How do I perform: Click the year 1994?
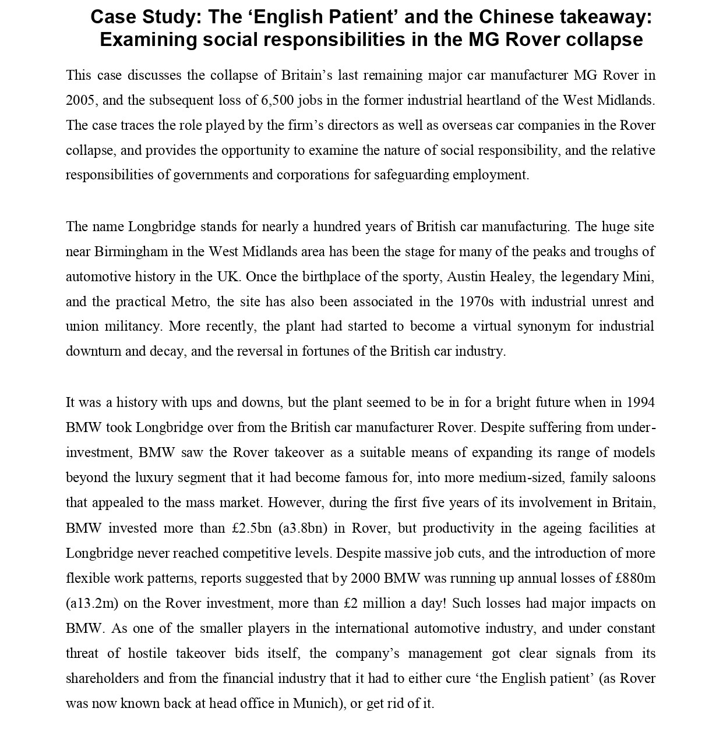[640, 402]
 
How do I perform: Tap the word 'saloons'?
[632, 478]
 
